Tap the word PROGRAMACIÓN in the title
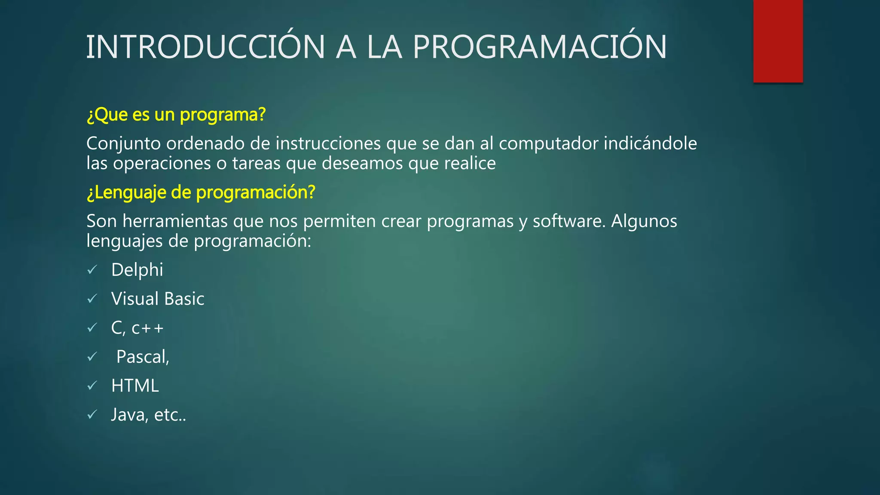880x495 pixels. [x=540, y=47]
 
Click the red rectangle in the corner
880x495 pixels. [x=778, y=41]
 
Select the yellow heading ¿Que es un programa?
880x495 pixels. [x=176, y=115]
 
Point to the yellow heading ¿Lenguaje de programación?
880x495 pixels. [x=201, y=192]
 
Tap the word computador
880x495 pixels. [x=548, y=144]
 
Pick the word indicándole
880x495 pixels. [x=650, y=144]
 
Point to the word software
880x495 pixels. [x=569, y=221]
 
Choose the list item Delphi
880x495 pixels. [x=137, y=270]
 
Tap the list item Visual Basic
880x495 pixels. [x=158, y=299]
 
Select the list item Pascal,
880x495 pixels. [x=143, y=357]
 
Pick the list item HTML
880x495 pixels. [x=135, y=386]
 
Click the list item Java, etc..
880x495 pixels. [x=149, y=415]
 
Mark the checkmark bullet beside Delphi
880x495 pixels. [x=92, y=270]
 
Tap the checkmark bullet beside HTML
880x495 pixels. [x=92, y=386]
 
